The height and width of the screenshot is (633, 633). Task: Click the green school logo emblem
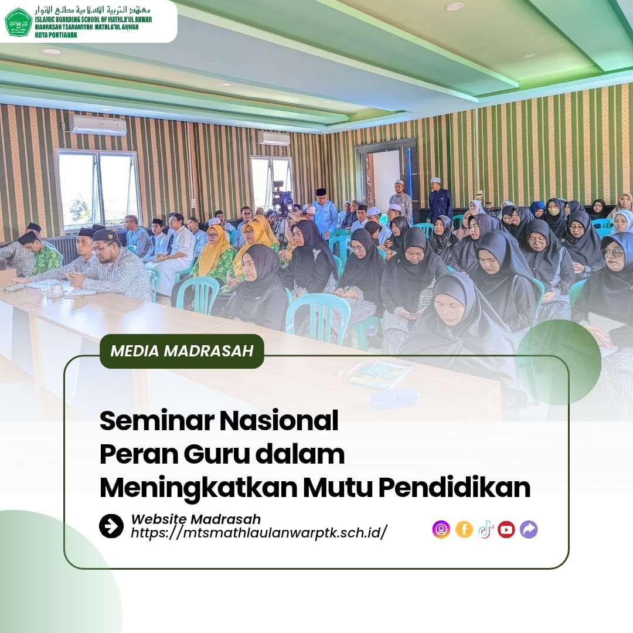tap(19, 22)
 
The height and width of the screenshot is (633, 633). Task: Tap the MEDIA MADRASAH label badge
tap(182, 351)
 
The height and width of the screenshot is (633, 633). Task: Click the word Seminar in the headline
tap(157, 421)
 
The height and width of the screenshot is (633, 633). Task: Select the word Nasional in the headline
tap(279, 421)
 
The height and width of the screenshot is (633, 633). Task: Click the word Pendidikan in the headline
tap(454, 488)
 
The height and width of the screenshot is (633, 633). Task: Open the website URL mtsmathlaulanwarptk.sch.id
tap(259, 532)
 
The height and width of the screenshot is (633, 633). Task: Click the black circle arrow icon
tap(111, 526)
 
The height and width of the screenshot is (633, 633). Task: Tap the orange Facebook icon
tap(464, 529)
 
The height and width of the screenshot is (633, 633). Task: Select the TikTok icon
tap(486, 529)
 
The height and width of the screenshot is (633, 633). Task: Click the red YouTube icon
tap(506, 529)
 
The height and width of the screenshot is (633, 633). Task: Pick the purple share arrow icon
tap(529, 529)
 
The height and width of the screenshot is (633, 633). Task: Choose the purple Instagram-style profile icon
tap(441, 529)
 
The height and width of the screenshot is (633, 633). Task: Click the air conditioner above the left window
tap(98, 125)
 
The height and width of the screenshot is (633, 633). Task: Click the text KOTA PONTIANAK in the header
tap(56, 35)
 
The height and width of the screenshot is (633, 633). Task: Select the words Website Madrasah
tap(196, 519)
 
